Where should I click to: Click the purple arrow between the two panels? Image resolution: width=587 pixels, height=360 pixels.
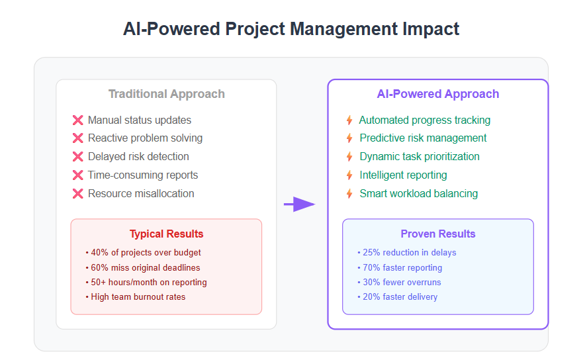click(x=300, y=204)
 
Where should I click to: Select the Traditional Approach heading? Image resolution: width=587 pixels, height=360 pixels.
click(x=167, y=94)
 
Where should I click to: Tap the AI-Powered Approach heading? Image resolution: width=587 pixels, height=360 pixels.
click(x=438, y=94)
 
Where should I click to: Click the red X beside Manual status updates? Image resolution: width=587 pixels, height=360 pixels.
click(x=78, y=120)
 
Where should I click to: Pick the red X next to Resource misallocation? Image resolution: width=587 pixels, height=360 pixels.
click(x=78, y=193)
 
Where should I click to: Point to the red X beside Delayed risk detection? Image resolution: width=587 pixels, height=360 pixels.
click(x=78, y=156)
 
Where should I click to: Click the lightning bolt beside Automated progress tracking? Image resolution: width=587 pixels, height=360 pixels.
click(x=349, y=120)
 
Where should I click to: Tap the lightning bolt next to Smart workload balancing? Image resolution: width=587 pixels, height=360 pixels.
click(x=349, y=193)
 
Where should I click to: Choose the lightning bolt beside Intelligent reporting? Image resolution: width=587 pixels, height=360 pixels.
click(x=349, y=175)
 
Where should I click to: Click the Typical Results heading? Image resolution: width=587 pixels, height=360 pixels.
click(x=167, y=234)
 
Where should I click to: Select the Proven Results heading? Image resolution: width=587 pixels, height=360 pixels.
click(x=438, y=234)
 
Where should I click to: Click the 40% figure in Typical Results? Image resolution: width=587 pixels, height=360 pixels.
click(x=99, y=253)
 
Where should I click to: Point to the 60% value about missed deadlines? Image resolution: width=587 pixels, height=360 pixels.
click(x=99, y=267)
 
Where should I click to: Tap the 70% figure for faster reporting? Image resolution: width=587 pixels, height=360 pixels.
click(x=371, y=267)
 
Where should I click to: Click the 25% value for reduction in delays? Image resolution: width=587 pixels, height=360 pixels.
click(x=371, y=253)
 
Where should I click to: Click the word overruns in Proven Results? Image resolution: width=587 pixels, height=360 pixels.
click(x=424, y=282)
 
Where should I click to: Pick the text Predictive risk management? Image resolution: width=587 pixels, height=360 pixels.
click(x=423, y=138)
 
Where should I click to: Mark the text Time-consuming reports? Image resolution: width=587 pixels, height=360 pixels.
click(x=143, y=175)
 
